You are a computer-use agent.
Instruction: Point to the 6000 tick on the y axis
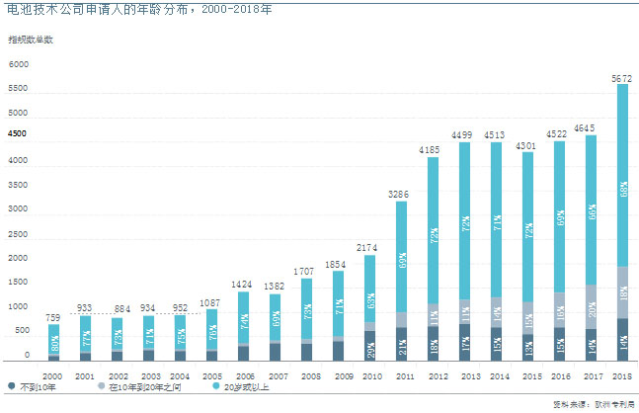click(x=20, y=64)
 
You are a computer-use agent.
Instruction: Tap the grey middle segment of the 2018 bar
click(x=623, y=292)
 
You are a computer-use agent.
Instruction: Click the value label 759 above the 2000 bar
click(x=53, y=316)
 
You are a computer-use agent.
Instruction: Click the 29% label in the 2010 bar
click(x=370, y=348)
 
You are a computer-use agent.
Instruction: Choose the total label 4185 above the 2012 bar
click(x=434, y=149)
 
